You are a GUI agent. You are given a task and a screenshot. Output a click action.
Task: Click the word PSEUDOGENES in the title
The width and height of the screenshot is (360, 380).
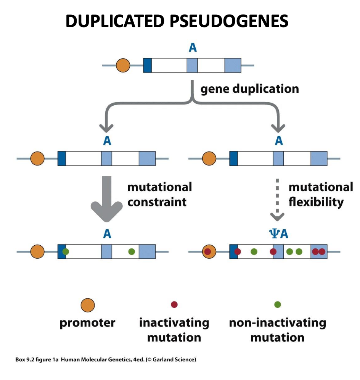tap(229, 21)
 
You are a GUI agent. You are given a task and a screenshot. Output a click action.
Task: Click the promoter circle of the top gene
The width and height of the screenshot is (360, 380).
tap(123, 65)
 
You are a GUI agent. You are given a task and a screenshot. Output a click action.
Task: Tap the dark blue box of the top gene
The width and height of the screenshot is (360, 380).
tap(147, 65)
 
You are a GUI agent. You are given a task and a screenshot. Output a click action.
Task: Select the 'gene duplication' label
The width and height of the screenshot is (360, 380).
tap(249, 89)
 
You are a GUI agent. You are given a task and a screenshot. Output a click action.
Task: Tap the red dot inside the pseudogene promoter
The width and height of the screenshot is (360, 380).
tap(207, 252)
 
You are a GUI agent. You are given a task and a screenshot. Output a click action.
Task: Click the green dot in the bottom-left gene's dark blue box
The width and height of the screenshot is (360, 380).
tap(66, 252)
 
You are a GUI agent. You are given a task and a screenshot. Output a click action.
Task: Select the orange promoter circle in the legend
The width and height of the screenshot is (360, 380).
tap(88, 305)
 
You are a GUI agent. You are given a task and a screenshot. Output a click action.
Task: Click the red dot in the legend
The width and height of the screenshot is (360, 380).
tap(174, 304)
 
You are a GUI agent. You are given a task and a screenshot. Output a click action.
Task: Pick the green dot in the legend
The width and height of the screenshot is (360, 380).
tap(278, 304)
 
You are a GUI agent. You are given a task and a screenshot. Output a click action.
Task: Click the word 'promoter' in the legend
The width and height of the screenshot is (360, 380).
tap(87, 323)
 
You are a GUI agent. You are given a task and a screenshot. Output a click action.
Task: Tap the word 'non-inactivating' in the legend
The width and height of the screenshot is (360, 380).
tap(278, 323)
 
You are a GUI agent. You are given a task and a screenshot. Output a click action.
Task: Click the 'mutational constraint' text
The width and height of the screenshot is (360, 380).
tap(159, 194)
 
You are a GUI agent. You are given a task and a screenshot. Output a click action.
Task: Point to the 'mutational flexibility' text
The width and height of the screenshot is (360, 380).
tap(320, 194)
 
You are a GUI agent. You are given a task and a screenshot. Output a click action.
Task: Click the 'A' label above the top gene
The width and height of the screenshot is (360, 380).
tap(193, 48)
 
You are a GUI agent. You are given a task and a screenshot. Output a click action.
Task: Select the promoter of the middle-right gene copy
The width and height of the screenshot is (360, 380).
tap(209, 158)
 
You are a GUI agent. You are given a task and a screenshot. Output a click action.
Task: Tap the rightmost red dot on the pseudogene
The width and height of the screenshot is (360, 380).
tap(322, 251)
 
